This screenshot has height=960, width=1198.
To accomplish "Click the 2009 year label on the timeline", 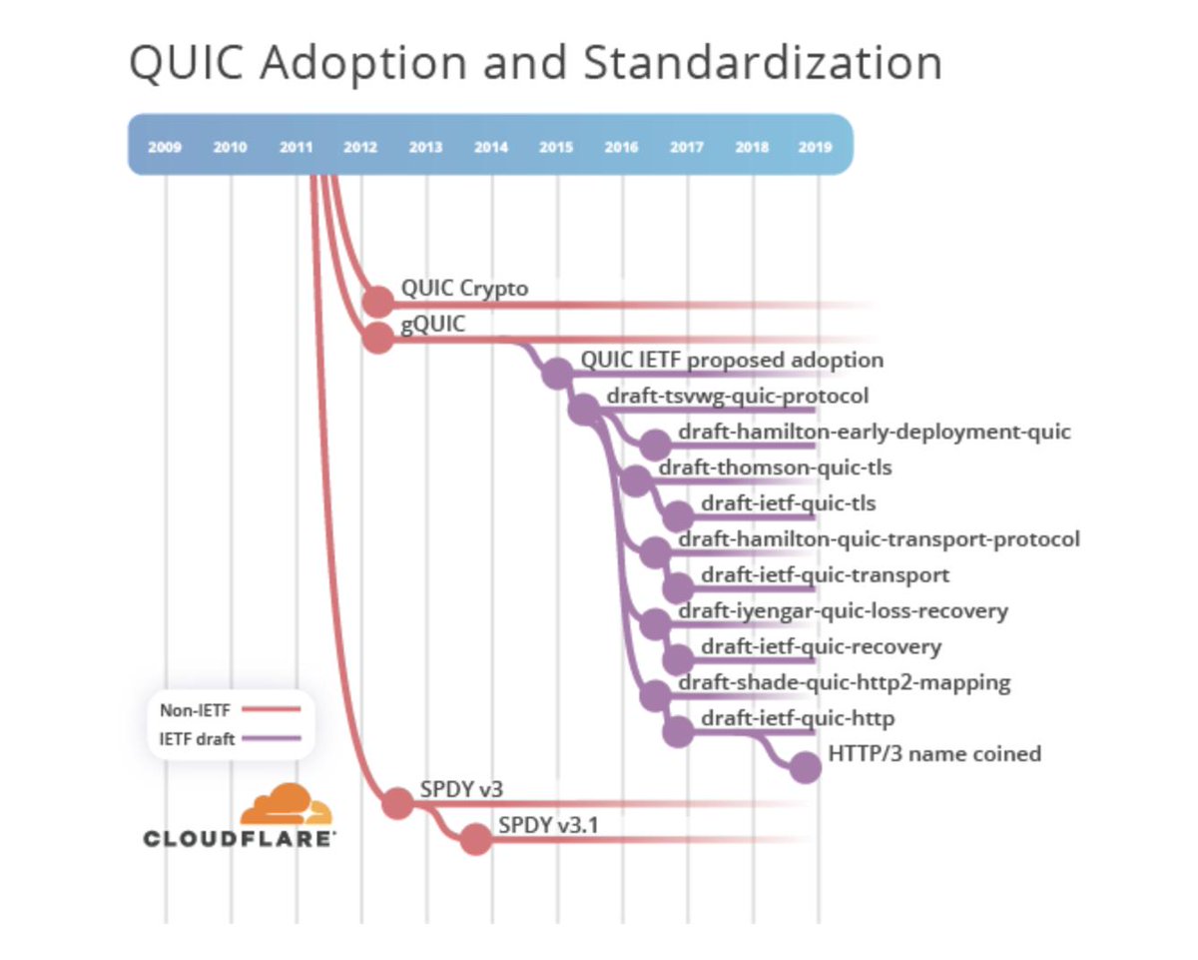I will click(165, 147).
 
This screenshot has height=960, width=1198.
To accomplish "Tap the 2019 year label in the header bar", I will click(816, 147).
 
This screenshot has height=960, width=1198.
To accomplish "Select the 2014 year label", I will click(490, 147).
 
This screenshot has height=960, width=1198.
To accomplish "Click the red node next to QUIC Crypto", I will click(377, 301).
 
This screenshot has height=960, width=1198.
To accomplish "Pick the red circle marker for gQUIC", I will click(377, 338).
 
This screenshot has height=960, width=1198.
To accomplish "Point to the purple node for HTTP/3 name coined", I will click(805, 766).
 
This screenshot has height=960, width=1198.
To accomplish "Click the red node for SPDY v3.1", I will click(476, 839).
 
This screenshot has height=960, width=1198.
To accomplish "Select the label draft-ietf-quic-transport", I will click(825, 575).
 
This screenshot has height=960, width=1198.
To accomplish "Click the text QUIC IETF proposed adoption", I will click(732, 360).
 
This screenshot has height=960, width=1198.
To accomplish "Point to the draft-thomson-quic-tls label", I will click(775, 468).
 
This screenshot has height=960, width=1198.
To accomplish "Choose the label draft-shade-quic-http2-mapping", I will click(844, 683).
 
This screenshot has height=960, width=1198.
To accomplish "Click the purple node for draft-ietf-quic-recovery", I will click(678, 658).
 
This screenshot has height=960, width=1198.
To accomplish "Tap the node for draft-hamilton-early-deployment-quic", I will click(655, 445).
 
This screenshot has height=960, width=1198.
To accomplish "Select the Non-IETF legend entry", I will click(229, 711).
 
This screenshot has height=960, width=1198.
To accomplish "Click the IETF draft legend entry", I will click(229, 740).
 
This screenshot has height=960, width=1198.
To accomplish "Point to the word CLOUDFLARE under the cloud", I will click(240, 838).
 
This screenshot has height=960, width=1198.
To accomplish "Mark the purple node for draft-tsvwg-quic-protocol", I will click(582, 409).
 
